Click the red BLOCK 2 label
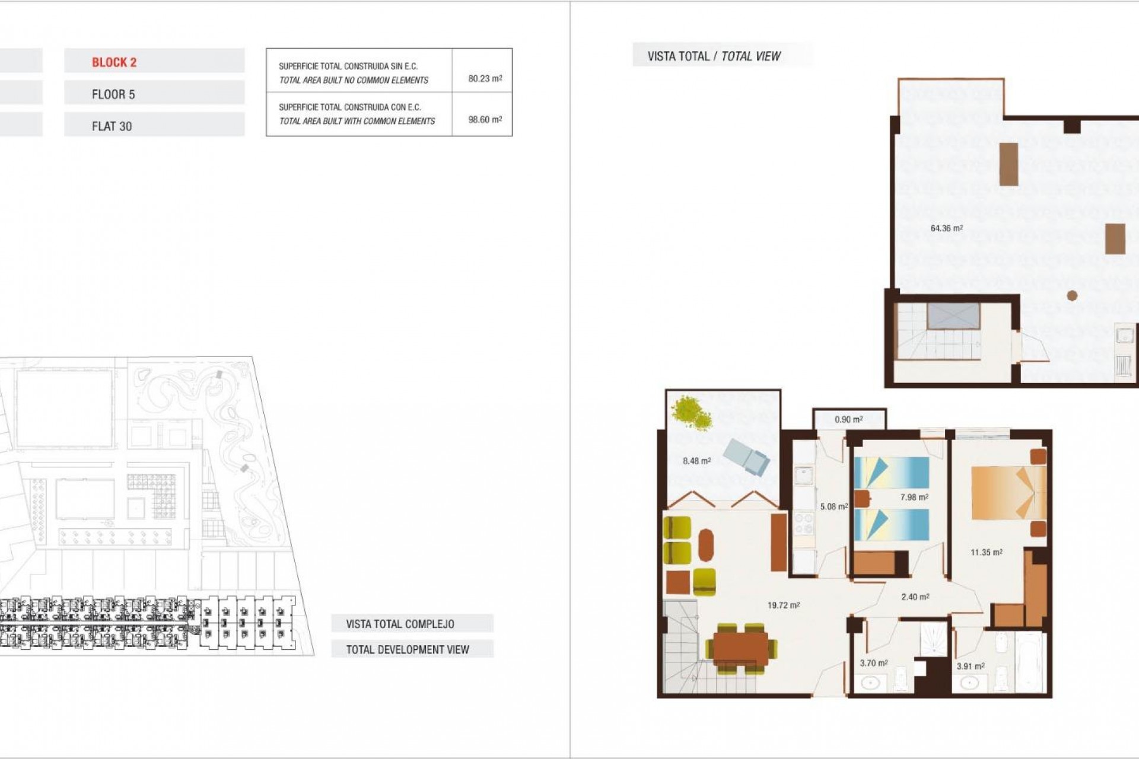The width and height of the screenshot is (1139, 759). (x=114, y=62)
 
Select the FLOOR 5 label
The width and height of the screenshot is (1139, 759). (x=113, y=94)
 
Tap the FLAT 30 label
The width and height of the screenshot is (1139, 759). (x=112, y=126)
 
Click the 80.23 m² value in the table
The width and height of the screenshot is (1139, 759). (x=485, y=78)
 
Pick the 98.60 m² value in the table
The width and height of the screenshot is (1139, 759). (x=485, y=119)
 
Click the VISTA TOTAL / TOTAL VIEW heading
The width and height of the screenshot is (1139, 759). (x=714, y=56)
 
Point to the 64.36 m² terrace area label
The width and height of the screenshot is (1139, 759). (x=946, y=228)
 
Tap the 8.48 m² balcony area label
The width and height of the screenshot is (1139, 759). (x=696, y=461)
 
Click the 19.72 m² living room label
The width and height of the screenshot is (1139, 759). (x=783, y=605)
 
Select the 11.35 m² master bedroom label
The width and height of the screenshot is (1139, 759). (x=986, y=552)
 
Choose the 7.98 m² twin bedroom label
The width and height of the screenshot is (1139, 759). (x=914, y=498)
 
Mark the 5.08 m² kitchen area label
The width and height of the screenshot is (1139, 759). (x=833, y=506)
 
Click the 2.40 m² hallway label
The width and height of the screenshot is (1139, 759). (x=915, y=597)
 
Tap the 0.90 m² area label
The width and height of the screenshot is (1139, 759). (x=848, y=419)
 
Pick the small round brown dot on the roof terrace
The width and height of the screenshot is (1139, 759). (x=1072, y=295)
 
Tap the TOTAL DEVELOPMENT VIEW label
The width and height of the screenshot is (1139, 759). (x=408, y=649)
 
